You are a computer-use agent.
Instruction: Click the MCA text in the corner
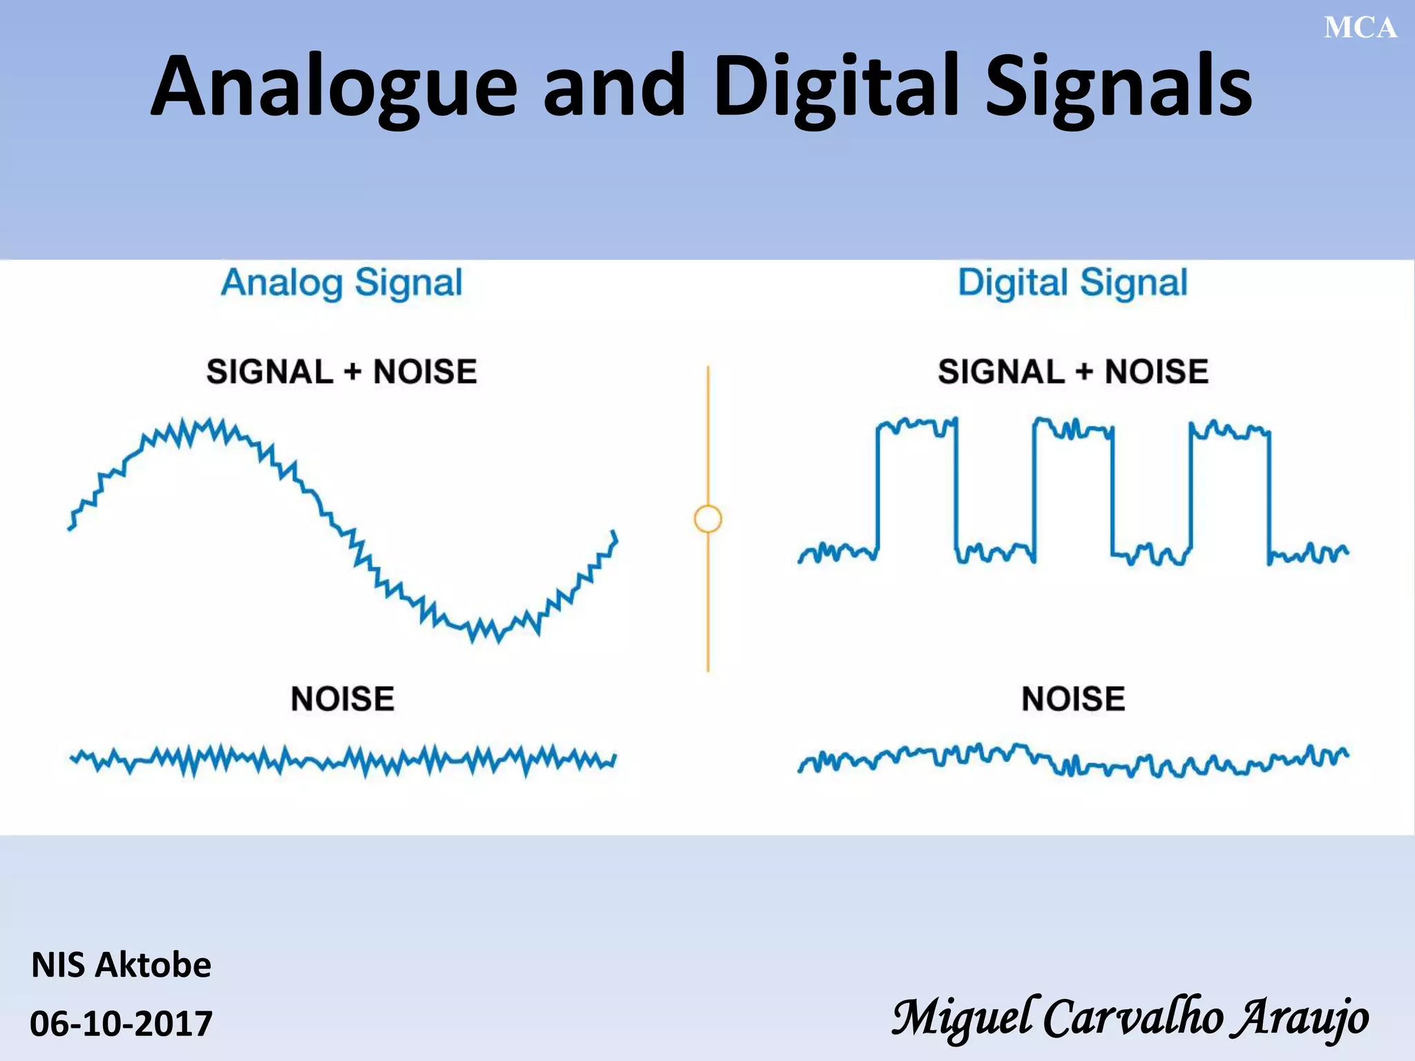pos(1360,28)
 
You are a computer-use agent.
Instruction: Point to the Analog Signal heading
pos(341,283)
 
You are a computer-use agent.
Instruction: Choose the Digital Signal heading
pos(1072,283)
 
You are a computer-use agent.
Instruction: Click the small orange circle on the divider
pos(707,519)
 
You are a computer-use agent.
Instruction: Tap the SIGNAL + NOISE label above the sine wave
pos(341,372)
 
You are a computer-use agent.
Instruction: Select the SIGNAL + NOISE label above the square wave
pos(1072,372)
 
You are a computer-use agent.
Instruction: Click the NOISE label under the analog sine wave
pos(342,699)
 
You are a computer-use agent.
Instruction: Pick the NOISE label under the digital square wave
pos(1073,699)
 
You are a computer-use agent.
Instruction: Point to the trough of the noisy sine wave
pos(484,630)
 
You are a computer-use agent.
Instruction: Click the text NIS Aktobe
pos(121,965)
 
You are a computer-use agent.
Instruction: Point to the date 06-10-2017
pos(121,1023)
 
